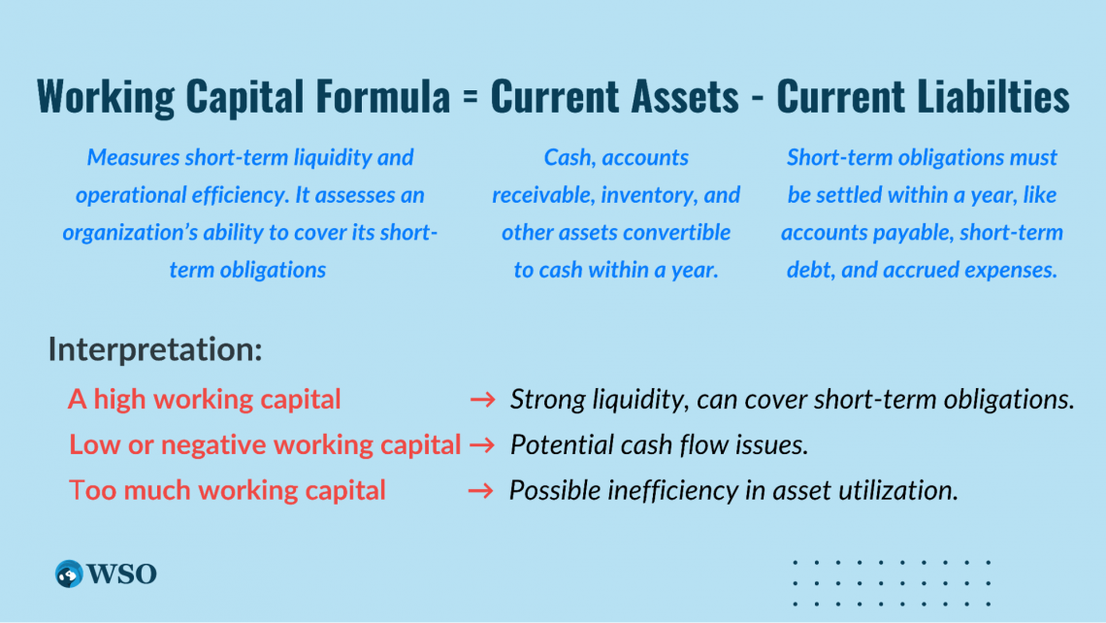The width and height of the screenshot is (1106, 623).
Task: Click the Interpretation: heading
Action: (x=155, y=349)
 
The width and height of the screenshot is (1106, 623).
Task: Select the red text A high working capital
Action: (x=205, y=399)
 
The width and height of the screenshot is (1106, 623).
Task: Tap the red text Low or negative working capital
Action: (x=265, y=444)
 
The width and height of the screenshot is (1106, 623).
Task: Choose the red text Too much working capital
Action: (x=228, y=490)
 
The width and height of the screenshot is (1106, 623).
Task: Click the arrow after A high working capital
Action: (x=482, y=399)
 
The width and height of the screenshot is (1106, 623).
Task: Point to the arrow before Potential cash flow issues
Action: (x=482, y=444)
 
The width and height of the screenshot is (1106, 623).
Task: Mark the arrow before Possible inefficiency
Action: (x=481, y=490)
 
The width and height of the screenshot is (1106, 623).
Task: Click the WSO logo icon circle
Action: (x=69, y=574)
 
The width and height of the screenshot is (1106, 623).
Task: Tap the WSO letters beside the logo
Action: (x=123, y=574)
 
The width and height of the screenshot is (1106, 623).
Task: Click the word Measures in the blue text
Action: (x=129, y=157)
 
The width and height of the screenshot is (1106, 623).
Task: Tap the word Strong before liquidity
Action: (x=540, y=399)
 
